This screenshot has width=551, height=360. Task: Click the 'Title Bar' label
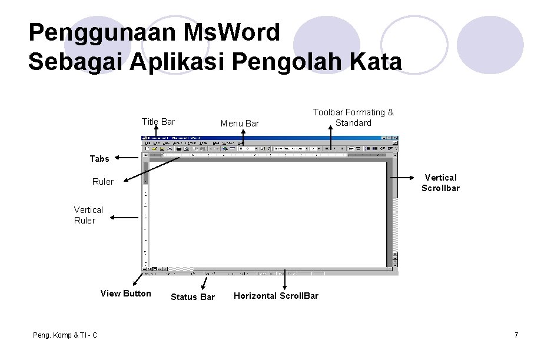pos(158,122)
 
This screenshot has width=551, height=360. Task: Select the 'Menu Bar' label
pos(240,124)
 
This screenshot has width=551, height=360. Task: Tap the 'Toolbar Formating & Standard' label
pos(353,118)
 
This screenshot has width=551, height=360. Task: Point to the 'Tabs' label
pos(99,159)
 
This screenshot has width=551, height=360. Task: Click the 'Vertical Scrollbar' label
pos(440,183)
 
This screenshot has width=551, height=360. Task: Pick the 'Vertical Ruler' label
pos(88,215)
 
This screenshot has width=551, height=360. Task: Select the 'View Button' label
pos(126,294)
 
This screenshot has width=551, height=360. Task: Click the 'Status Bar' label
pos(192,297)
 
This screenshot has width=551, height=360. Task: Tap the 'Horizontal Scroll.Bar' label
pos(276,296)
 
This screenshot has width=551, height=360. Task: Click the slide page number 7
pos(516,335)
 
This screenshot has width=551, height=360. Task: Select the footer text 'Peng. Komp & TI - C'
pos(66,335)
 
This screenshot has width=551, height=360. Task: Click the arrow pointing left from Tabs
pos(126,158)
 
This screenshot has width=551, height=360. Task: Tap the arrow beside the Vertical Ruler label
pos(125,216)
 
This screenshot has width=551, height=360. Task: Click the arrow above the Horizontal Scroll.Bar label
pos(286,280)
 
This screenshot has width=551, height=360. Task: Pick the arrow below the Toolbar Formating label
pos(330,139)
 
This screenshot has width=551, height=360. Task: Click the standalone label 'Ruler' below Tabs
pos(103,182)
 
